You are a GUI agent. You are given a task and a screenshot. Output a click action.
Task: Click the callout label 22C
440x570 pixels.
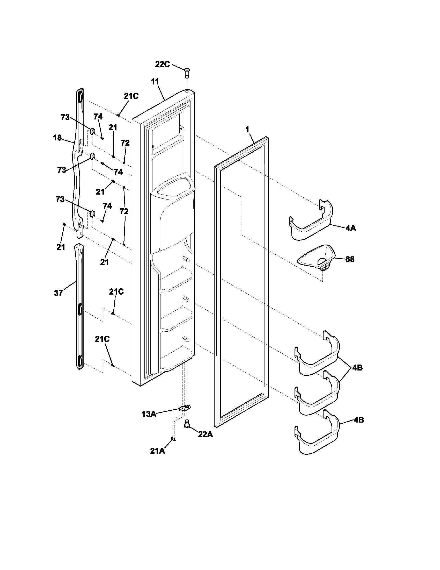tap(162, 64)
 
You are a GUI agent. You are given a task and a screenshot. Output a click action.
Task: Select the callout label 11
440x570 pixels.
tap(155, 81)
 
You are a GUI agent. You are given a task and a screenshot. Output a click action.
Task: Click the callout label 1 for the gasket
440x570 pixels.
tap(247, 129)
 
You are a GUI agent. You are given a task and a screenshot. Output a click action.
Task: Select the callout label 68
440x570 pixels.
tap(350, 259)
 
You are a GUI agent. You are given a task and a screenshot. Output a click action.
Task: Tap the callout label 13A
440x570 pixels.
tap(149, 414)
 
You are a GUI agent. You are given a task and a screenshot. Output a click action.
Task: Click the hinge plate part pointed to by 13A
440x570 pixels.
tap(186, 408)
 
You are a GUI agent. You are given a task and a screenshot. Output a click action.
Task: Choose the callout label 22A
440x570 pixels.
tap(205, 434)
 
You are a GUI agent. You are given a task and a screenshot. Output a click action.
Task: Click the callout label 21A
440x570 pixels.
tap(157, 451)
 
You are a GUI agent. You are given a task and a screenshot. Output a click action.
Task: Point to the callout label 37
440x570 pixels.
tap(58, 293)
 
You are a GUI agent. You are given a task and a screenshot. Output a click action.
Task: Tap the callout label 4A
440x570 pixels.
tap(351, 228)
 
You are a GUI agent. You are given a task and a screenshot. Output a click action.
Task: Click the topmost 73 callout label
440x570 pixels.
tap(65, 118)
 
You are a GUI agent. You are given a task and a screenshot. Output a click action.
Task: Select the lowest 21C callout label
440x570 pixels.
tap(102, 339)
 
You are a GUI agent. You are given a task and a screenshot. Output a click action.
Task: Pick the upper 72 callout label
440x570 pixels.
tap(125, 143)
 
